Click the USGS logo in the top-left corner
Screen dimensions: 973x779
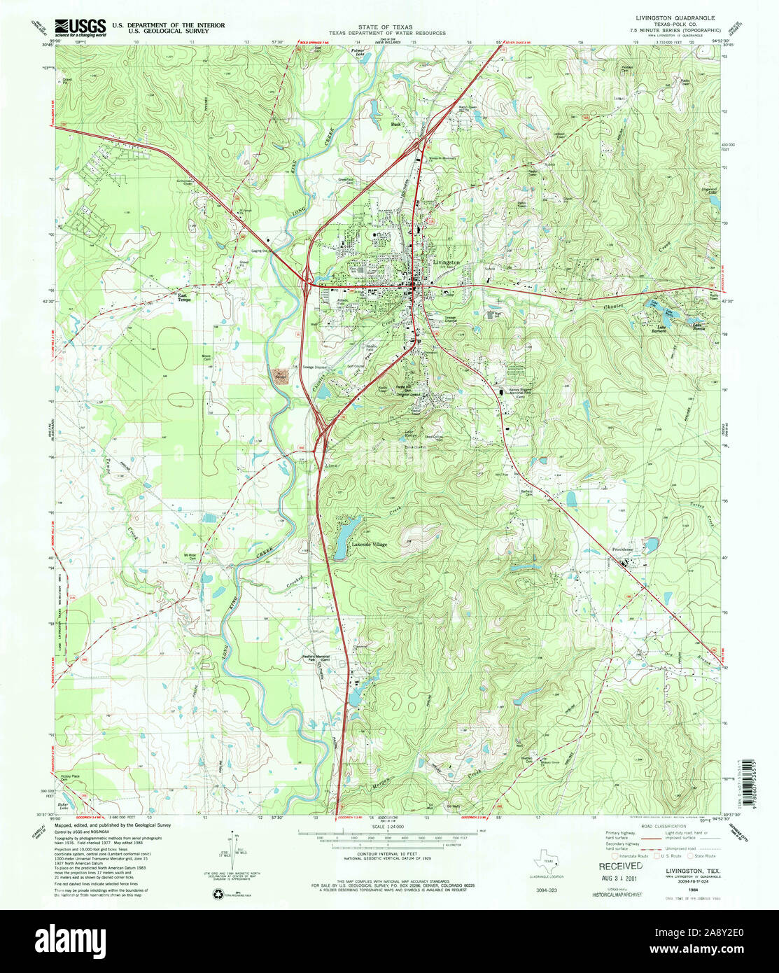(x=80, y=27)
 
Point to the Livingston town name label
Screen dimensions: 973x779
(x=447, y=262)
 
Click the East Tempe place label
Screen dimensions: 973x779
(x=183, y=297)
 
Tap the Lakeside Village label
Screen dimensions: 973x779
(x=369, y=543)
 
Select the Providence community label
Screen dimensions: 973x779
(x=623, y=549)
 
